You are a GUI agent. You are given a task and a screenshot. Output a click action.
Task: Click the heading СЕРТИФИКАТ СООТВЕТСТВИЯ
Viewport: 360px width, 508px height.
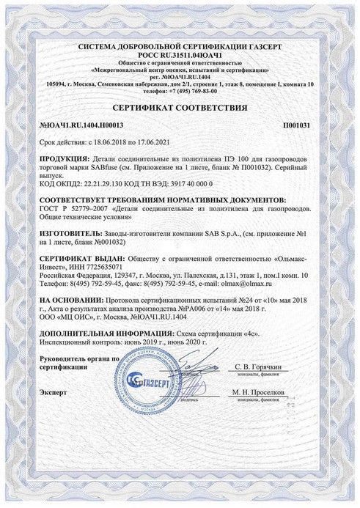coord(180,107)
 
